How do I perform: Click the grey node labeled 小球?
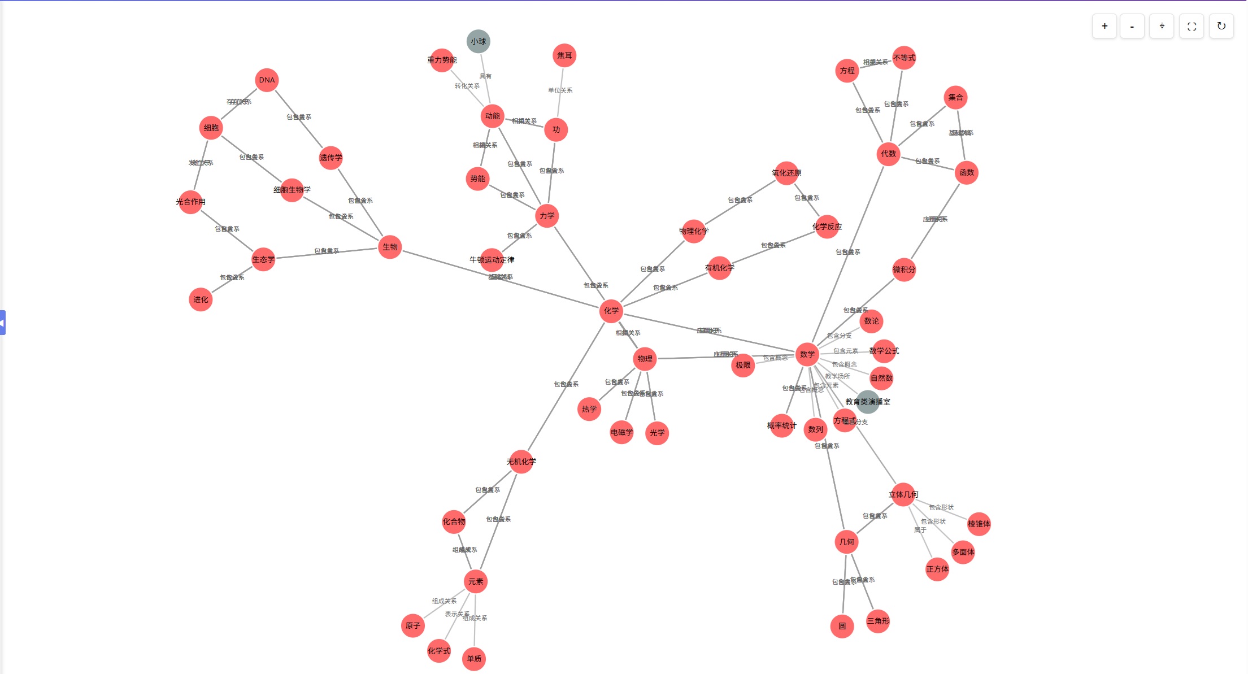coord(478,41)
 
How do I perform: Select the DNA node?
coord(267,80)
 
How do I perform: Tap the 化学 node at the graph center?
coord(611,311)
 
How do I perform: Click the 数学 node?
coord(807,354)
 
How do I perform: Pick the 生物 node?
coord(390,247)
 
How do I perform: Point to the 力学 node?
coord(547,216)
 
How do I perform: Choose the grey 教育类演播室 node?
coord(867,402)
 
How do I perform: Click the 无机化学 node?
coord(521,462)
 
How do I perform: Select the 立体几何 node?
coord(903,494)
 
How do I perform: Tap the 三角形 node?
coord(878,621)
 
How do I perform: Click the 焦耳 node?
coord(564,55)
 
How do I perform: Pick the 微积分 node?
coord(903,269)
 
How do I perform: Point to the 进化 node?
coord(201,299)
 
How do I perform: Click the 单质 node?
coord(474,659)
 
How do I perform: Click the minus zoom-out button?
coord(1132,26)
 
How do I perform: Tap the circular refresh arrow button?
coord(1221,26)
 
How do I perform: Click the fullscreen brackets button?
coord(1192,26)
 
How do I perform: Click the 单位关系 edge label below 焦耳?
coord(560,90)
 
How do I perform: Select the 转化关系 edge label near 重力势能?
coord(467,86)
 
